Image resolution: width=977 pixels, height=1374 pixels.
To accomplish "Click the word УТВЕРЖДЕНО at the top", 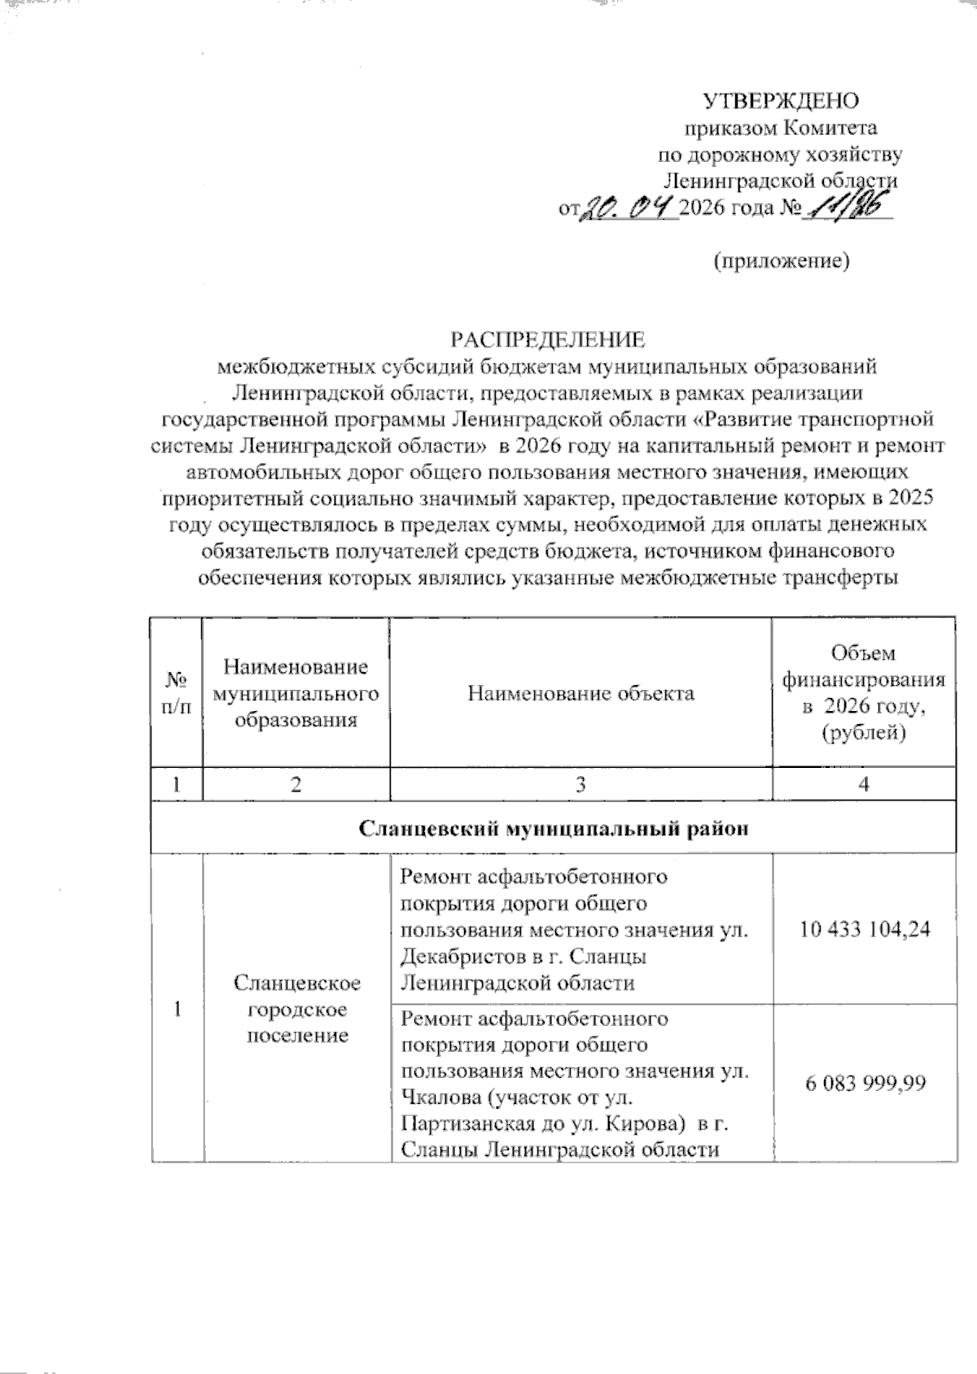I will pos(781,101).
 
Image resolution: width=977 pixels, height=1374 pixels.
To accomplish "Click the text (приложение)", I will pos(782,261).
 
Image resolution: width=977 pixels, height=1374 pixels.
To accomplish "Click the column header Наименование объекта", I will pos(581,693).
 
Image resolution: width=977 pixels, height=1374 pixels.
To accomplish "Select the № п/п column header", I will pos(177,693).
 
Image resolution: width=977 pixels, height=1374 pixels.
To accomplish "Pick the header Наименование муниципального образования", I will pos(296,693).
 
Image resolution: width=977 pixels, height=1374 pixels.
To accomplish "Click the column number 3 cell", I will pos(581,784).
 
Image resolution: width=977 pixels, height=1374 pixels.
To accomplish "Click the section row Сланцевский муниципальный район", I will pos(553,830).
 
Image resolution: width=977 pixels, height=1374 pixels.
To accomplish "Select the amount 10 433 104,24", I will pos(864,929).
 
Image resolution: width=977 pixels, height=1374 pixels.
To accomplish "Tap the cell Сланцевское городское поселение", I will pos(297,1009).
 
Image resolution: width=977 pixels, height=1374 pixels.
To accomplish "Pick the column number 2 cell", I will pos(296,784).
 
